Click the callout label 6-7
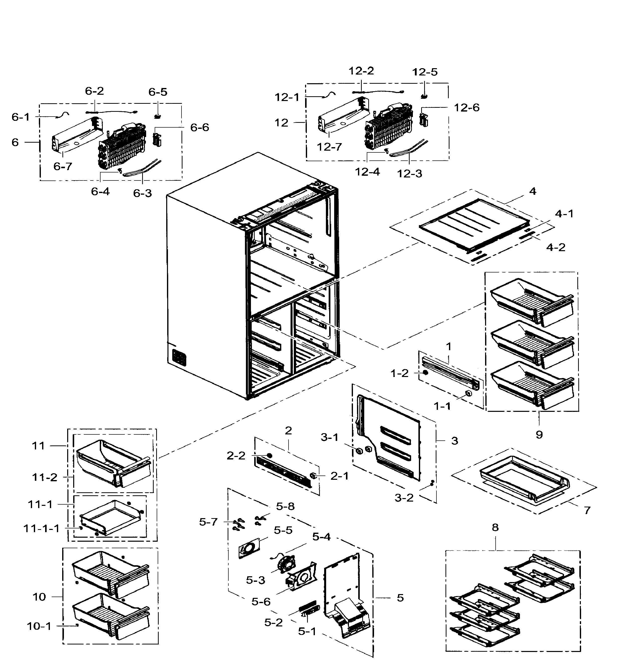(x=63, y=166)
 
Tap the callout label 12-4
(x=367, y=172)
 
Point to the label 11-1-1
(x=41, y=528)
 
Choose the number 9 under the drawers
(x=539, y=435)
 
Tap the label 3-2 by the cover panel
(x=404, y=498)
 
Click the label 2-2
(x=236, y=456)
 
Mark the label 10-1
(x=39, y=626)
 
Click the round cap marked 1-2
(x=425, y=373)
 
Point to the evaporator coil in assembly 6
(x=121, y=148)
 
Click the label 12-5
(x=425, y=72)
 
